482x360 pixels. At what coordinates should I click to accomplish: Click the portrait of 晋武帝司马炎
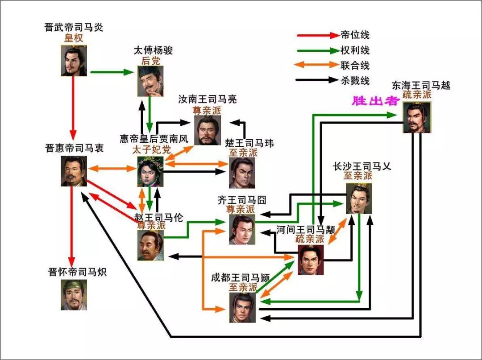(74, 61)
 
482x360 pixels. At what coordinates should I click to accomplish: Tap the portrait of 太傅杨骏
(150, 81)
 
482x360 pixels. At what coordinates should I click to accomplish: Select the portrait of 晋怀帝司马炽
(74, 294)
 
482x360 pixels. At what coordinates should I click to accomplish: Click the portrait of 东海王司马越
(417, 117)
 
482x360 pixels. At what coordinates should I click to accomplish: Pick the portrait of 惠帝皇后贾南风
(150, 171)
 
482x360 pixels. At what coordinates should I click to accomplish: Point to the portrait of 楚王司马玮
(242, 173)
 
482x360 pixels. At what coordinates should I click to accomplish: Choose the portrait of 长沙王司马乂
(359, 199)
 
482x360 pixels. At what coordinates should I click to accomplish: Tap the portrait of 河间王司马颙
(311, 260)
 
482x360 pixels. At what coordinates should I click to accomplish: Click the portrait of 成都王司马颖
(242, 307)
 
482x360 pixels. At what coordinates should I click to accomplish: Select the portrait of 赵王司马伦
(150, 245)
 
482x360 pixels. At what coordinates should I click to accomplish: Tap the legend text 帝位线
(355, 35)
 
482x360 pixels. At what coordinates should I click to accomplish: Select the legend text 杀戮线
(355, 80)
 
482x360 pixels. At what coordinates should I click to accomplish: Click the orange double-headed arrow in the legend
(316, 65)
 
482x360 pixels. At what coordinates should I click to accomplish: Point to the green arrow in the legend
(316, 50)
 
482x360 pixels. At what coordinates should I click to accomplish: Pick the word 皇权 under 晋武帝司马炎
(74, 38)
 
